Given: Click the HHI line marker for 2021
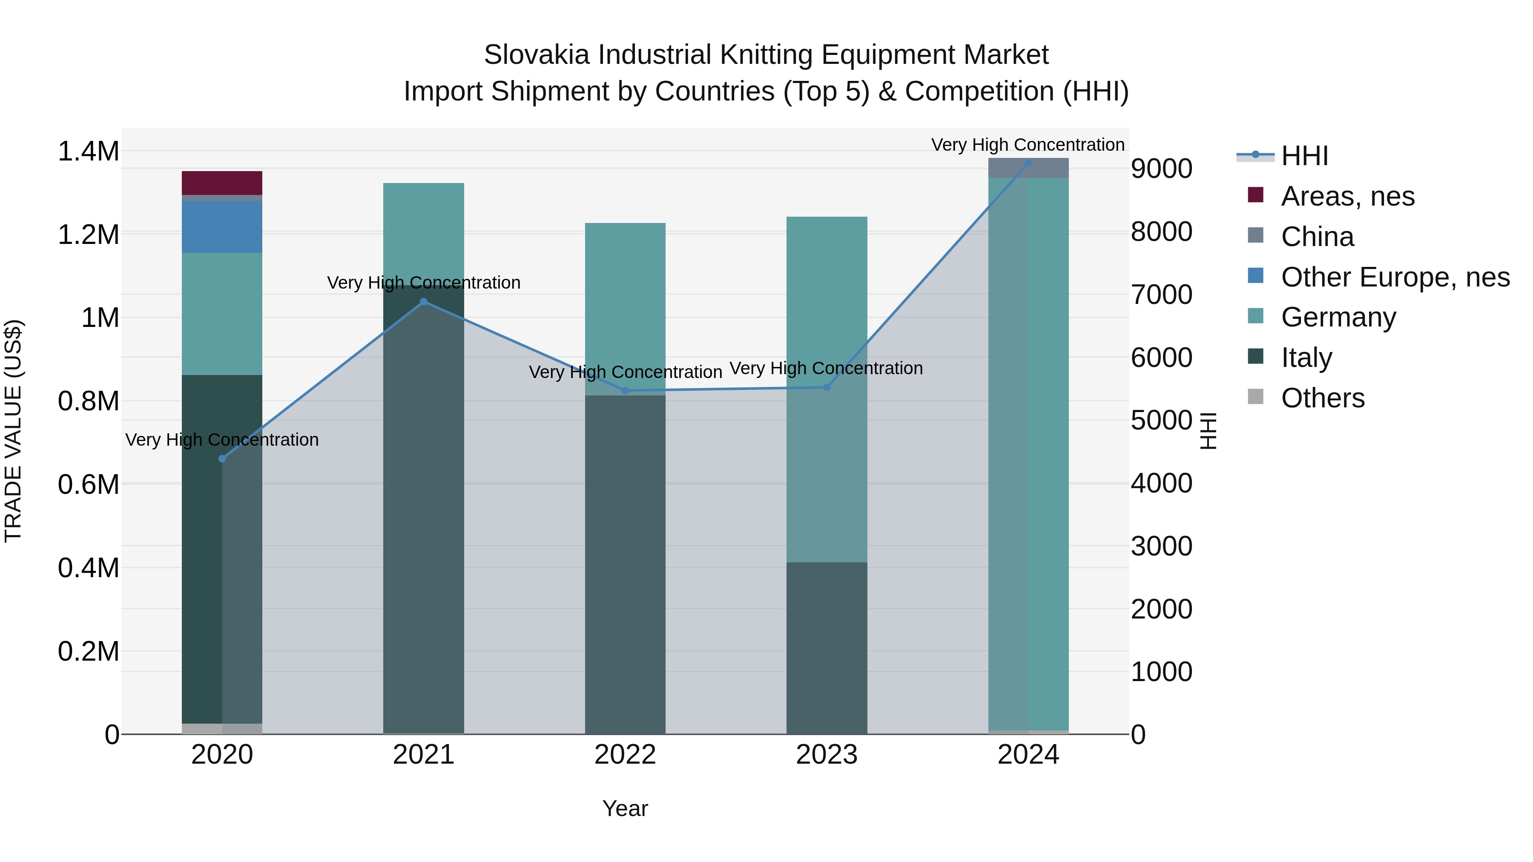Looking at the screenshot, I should click(x=424, y=302).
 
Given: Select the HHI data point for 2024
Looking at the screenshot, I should click(x=1028, y=163).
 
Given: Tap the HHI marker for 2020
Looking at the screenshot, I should click(x=222, y=458).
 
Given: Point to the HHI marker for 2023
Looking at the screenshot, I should click(x=827, y=387).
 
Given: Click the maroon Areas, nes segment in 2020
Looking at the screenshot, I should click(x=222, y=183).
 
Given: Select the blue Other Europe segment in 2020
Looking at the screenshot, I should click(x=222, y=226).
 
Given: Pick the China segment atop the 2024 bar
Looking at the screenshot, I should click(x=1028, y=168).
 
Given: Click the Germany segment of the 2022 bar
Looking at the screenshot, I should click(x=625, y=298).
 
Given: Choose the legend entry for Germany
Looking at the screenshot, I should click(x=1338, y=317).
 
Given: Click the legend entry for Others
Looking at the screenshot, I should click(x=1322, y=398).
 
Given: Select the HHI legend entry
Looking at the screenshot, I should click(x=1304, y=156).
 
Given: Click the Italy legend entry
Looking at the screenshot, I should click(x=1306, y=358).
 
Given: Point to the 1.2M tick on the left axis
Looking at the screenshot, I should click(x=89, y=235).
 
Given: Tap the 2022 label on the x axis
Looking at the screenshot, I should click(x=625, y=755).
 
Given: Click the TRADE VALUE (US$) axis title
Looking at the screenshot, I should click(x=13, y=431).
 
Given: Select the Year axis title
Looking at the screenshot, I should click(x=625, y=808).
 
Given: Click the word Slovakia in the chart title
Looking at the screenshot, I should click(x=537, y=55).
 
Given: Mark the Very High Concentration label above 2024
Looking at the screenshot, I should click(x=1028, y=145).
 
